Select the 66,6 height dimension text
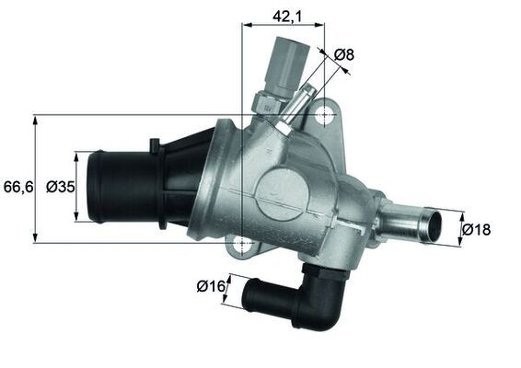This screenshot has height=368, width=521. (17, 187)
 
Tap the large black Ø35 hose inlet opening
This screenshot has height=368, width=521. (94, 187)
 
